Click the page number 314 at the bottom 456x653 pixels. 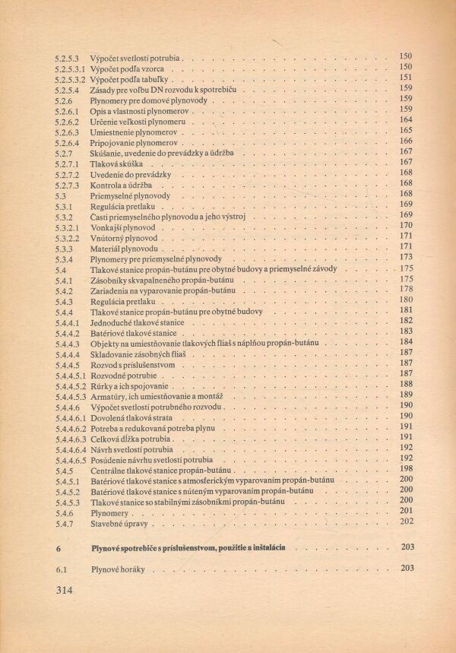pos(68,589)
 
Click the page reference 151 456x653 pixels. pos(405,78)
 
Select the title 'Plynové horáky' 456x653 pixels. pos(117,569)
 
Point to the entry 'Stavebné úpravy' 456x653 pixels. pos(122,523)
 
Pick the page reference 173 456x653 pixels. pos(405,258)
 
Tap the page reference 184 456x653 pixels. pos(405,341)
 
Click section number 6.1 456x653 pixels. pos(62,569)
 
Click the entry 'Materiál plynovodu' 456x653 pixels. pos(124,249)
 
